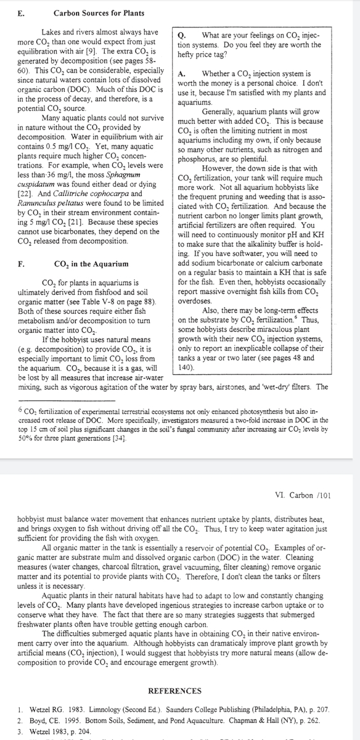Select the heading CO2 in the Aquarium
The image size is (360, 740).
pyautogui.click(x=92, y=264)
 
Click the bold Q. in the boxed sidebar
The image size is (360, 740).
pyautogui.click(x=181, y=35)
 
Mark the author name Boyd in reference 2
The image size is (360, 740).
pyautogui.click(x=29, y=719)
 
